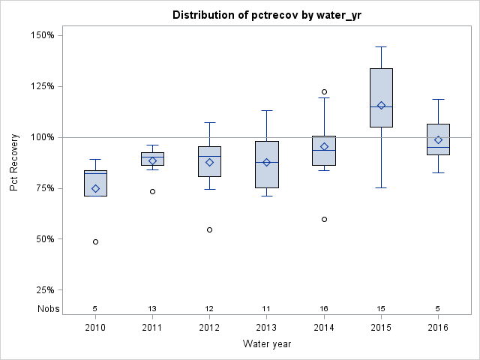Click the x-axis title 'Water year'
[x=266, y=344]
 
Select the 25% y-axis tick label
[x=44, y=290]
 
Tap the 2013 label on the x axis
[x=266, y=328]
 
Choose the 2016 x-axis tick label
[x=438, y=328]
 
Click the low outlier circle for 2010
[x=95, y=241]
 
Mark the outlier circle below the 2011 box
[x=152, y=191]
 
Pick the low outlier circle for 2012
[x=209, y=229]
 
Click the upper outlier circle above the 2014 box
[x=324, y=91]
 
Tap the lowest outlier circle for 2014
[x=324, y=219]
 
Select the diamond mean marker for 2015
[x=381, y=105]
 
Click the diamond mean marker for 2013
[x=266, y=162]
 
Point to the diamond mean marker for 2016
[x=438, y=139]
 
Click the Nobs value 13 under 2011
[x=152, y=308]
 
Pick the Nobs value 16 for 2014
[x=324, y=308]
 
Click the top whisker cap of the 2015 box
[x=381, y=46]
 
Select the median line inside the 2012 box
[x=209, y=156]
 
